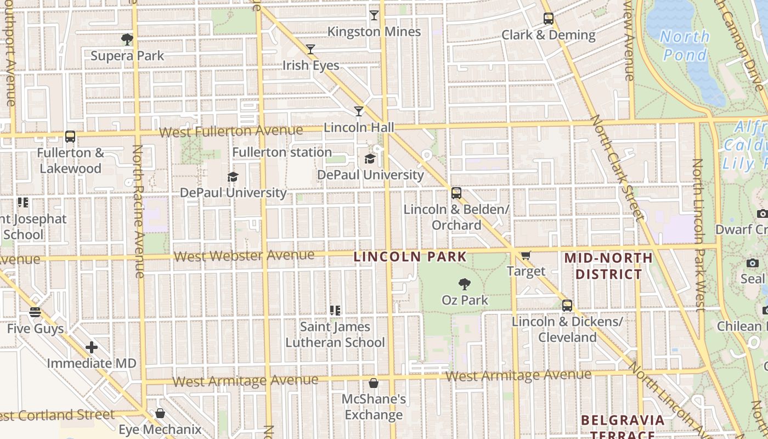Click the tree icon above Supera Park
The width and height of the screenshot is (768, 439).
click(x=127, y=40)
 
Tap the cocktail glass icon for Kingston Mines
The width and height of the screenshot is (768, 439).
click(x=374, y=15)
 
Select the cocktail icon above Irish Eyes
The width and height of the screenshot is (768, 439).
click(x=310, y=49)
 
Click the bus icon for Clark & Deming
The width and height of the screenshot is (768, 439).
click(x=549, y=19)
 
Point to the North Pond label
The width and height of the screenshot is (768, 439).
click(x=685, y=46)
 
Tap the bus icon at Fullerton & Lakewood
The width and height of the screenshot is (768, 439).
click(x=70, y=137)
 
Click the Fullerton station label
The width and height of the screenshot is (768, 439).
click(x=282, y=152)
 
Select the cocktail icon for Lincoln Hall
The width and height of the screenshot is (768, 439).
click(x=359, y=111)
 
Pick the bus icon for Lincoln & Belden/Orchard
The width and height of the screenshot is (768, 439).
click(x=456, y=193)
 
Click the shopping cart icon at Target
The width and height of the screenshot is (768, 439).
click(x=526, y=255)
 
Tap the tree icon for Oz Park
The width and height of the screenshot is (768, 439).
click(x=465, y=284)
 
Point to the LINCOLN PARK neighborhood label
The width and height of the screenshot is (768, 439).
click(x=410, y=256)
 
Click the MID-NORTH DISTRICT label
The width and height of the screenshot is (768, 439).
click(x=608, y=266)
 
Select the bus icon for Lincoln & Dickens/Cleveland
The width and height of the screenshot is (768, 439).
click(x=567, y=306)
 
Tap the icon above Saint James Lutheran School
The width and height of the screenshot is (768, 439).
click(x=335, y=311)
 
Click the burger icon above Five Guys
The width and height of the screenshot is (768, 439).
click(x=36, y=313)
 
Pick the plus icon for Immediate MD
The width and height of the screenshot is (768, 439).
click(x=92, y=347)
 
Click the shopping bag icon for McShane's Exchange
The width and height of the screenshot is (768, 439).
click(x=374, y=383)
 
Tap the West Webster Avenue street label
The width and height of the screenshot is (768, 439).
click(x=244, y=256)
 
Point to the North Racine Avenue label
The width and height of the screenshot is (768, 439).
click(x=139, y=211)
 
